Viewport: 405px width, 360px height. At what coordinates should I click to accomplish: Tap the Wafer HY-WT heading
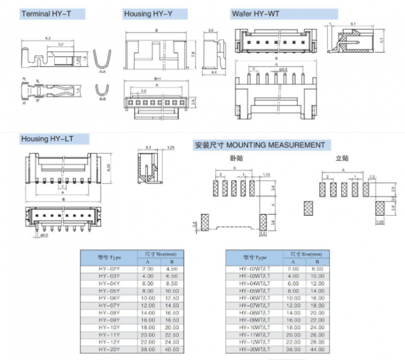(x=256, y=13)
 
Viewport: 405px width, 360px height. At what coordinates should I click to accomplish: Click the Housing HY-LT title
(x=47, y=139)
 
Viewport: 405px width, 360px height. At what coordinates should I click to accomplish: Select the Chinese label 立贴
(x=342, y=158)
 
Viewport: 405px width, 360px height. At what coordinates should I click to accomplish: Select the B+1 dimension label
(x=157, y=78)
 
